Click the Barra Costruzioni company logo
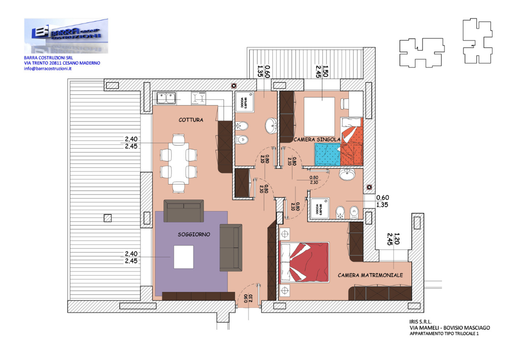pyautogui.click(x=66, y=35)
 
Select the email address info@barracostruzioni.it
pyautogui.click(x=48, y=69)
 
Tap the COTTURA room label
pyautogui.click(x=190, y=120)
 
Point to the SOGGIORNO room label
pyautogui.click(x=193, y=234)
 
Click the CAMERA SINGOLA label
pyautogui.click(x=317, y=139)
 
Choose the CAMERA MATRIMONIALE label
pyautogui.click(x=370, y=275)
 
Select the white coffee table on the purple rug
pyautogui.click(x=184, y=257)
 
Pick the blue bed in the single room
pyautogui.click(x=327, y=154)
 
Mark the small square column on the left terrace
pyautogui.click(x=106, y=217)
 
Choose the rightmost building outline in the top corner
pyautogui.click(x=477, y=40)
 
